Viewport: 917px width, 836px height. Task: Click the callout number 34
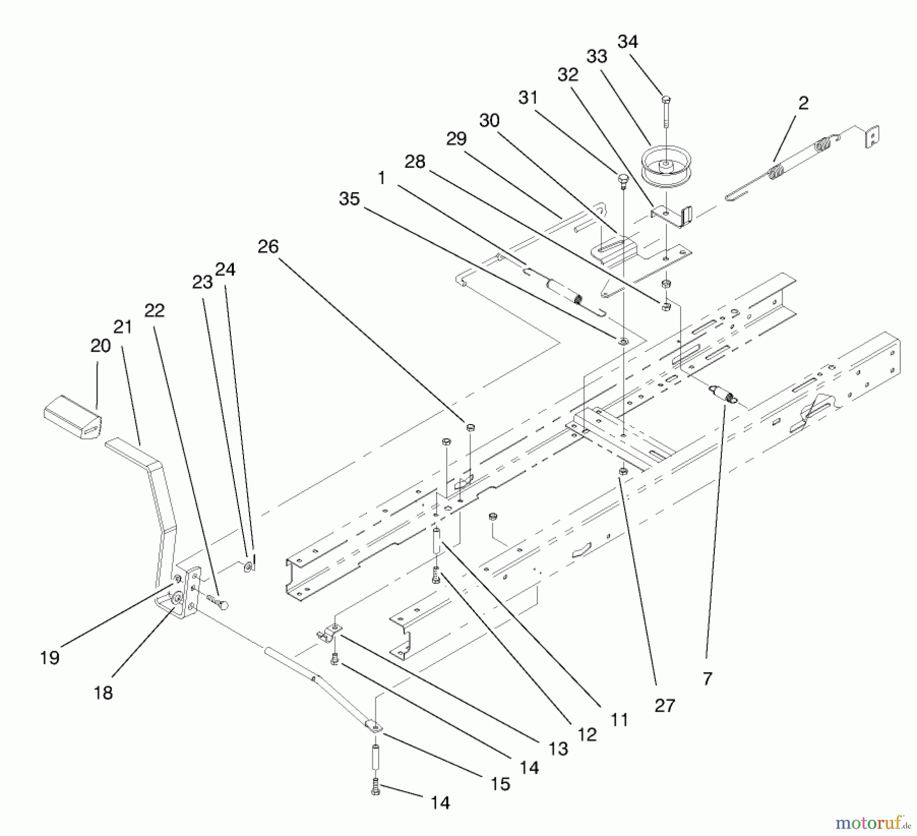coord(628,42)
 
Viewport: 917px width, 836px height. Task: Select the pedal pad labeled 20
coord(72,419)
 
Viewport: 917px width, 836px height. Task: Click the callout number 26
coord(268,247)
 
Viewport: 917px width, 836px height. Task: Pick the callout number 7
coord(707,678)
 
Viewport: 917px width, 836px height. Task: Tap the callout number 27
coord(665,706)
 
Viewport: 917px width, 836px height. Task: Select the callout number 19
coord(50,658)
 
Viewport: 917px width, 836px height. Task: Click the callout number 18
coord(103,693)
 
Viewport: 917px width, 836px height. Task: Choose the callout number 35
coord(349,199)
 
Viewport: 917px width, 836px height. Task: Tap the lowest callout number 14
coord(440,803)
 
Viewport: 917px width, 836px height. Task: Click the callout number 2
coord(803,103)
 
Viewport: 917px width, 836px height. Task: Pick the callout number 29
coord(456,139)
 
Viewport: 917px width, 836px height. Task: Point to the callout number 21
coord(123,327)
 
